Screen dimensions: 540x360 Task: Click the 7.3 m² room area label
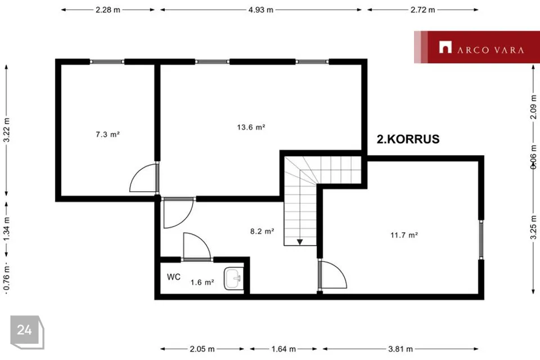[107, 134]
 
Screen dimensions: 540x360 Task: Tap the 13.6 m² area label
[251, 127]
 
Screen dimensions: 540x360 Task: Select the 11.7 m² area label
[404, 235]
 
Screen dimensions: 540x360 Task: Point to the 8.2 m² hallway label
[262, 231]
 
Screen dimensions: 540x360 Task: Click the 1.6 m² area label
[202, 282]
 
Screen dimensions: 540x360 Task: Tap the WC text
[174, 277]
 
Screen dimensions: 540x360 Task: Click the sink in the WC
[233, 278]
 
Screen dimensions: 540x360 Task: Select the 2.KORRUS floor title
[408, 139]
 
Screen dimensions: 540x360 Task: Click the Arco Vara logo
[477, 47]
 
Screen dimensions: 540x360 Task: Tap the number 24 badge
[27, 331]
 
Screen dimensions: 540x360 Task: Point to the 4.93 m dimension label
[260, 10]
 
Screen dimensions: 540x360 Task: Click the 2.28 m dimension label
[108, 10]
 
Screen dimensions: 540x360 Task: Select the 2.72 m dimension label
[422, 10]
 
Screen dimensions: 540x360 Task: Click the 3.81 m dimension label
[400, 349]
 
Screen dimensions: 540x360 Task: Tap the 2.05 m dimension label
[202, 349]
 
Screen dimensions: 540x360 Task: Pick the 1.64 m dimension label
[283, 349]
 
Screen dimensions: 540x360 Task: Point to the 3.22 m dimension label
[7, 130]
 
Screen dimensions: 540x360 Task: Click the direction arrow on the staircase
[300, 242]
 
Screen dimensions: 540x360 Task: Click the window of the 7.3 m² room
[107, 62]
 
